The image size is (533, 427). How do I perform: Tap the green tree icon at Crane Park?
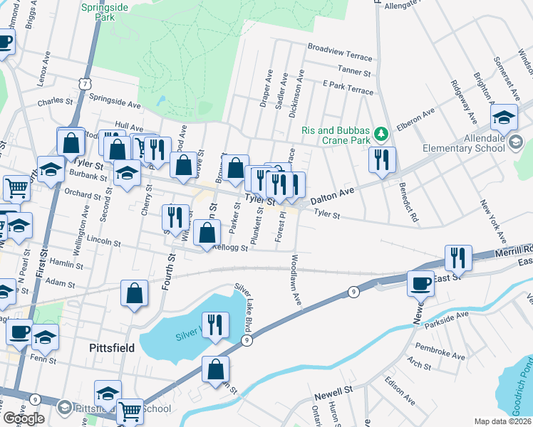tap(381, 132)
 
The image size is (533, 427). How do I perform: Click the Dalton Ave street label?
tap(332, 193)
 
